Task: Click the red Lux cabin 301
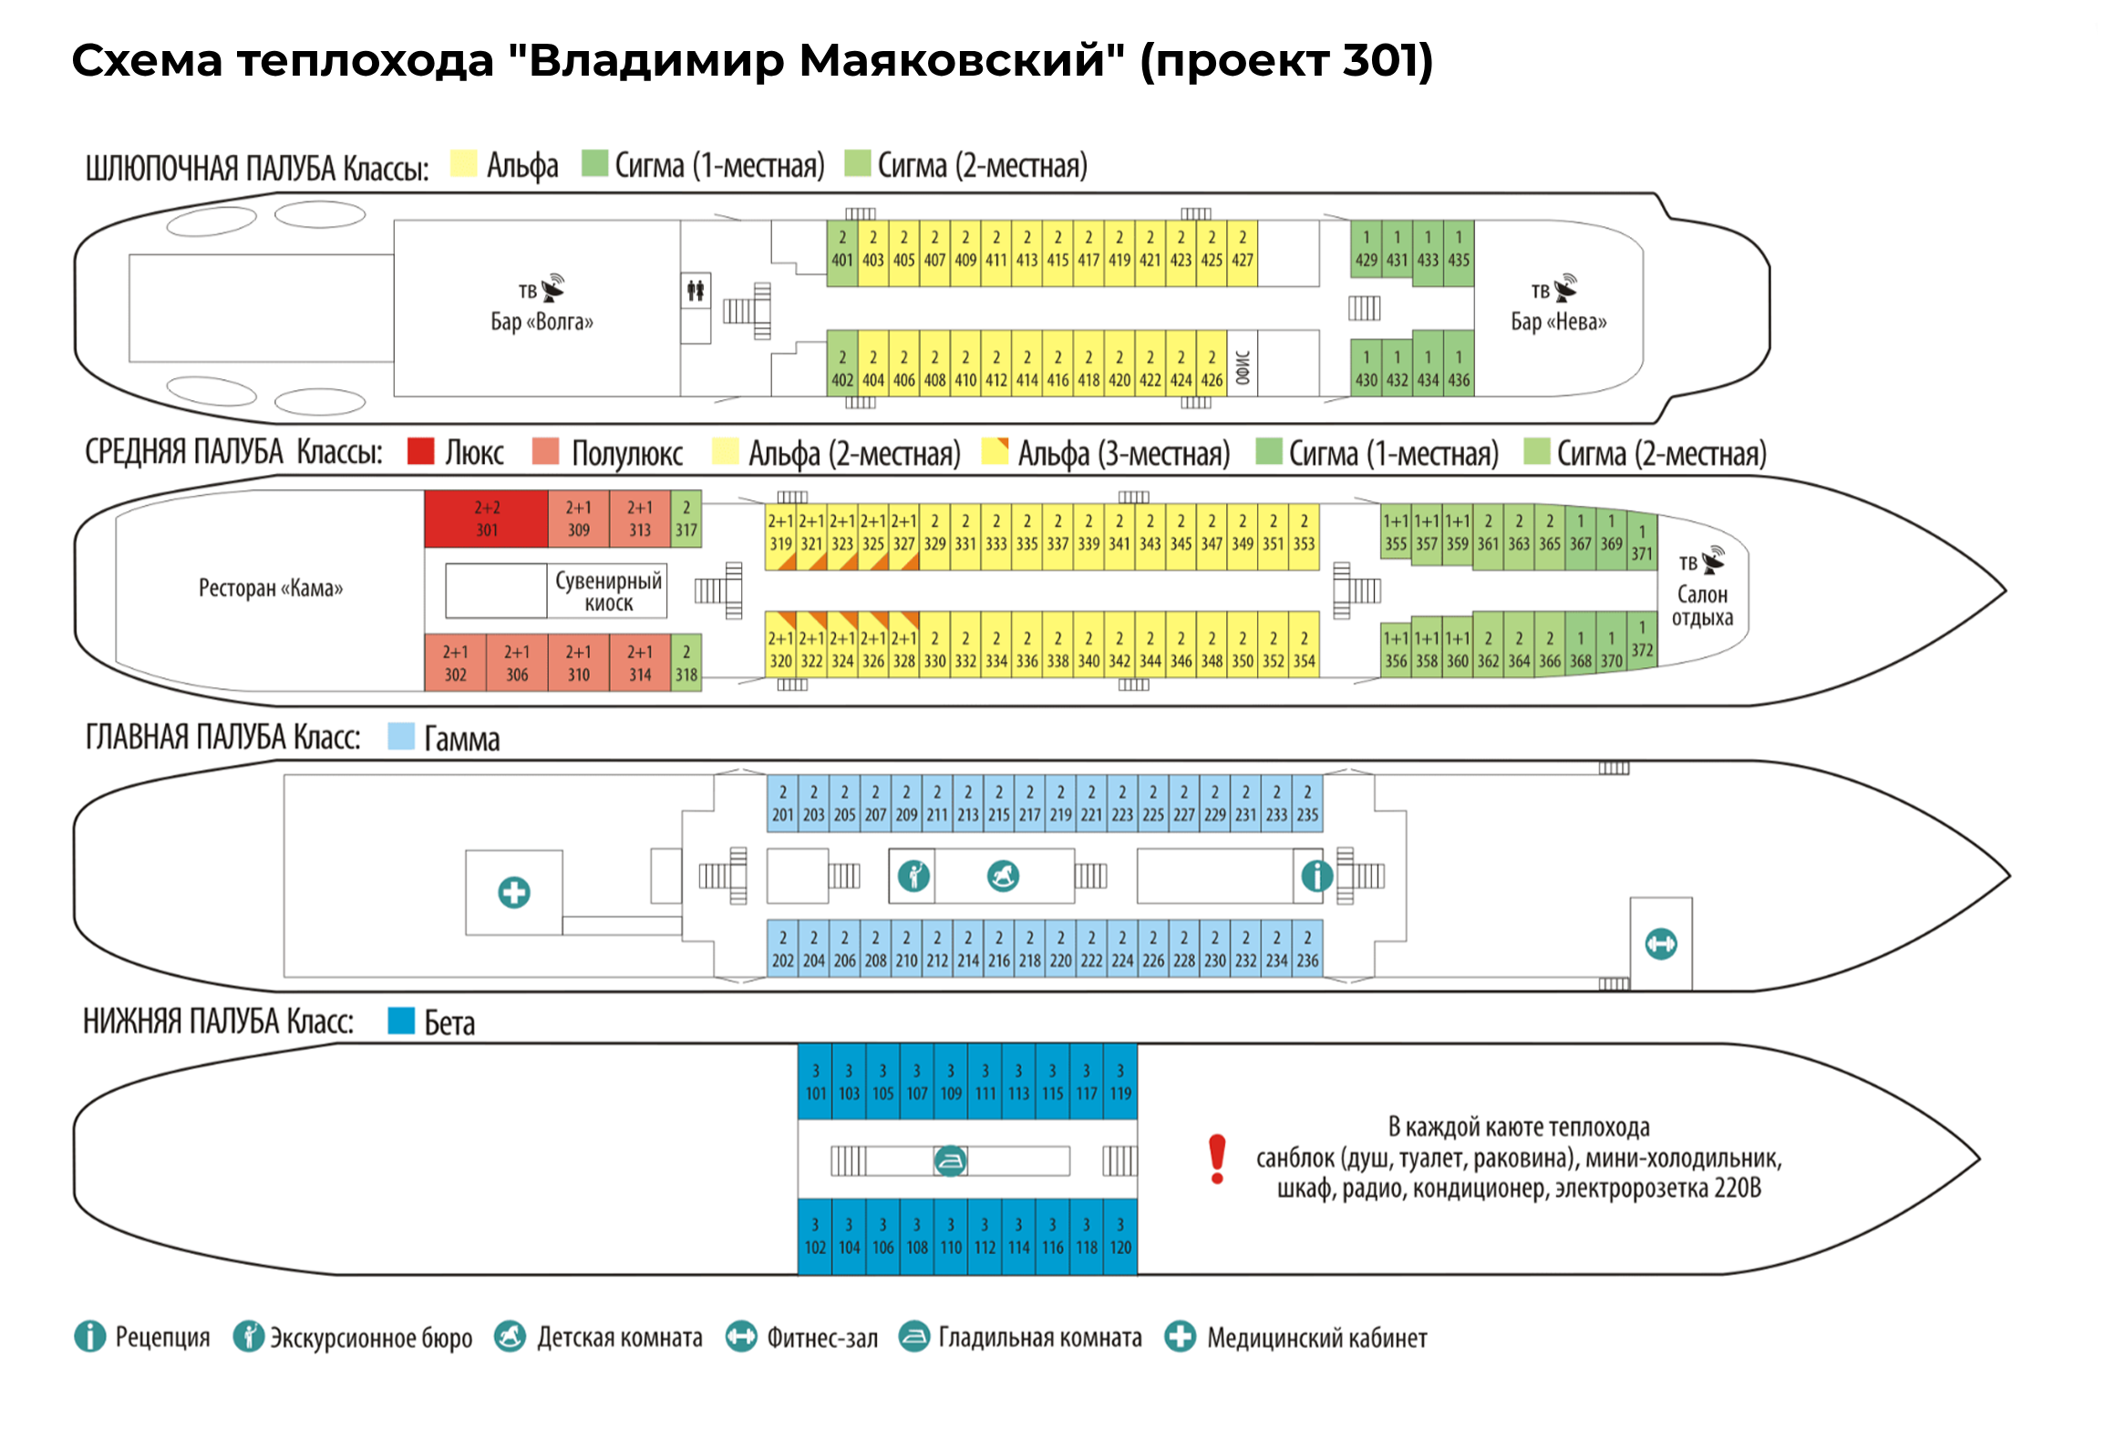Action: click(486, 519)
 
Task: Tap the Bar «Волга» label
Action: click(542, 321)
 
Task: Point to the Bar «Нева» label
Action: click(1558, 321)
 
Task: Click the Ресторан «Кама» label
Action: click(271, 588)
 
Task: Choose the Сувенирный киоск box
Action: click(608, 592)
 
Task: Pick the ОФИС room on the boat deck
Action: click(1243, 368)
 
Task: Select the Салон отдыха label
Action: click(1701, 605)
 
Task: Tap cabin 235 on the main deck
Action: click(1307, 804)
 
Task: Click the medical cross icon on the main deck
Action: click(514, 891)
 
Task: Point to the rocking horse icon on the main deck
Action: click(1003, 876)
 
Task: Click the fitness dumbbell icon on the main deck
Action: click(1660, 943)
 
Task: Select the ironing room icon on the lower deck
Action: click(950, 1160)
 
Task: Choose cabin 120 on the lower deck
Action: click(1120, 1237)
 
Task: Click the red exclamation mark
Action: click(1217, 1158)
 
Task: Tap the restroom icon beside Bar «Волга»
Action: click(696, 291)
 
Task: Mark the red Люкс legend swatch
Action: click(420, 451)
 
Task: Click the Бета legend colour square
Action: click(401, 1020)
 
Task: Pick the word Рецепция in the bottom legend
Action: click(162, 1337)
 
